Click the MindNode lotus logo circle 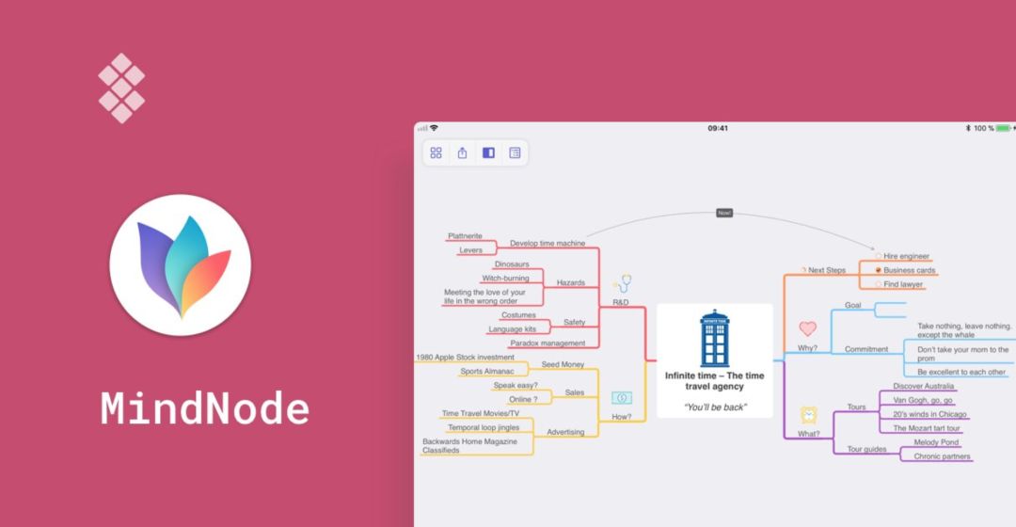pyautogui.click(x=180, y=265)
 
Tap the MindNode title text pyautogui.click(x=205, y=409)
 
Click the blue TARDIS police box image pyautogui.click(x=714, y=339)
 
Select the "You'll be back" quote pyautogui.click(x=714, y=407)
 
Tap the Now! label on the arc pyautogui.click(x=723, y=213)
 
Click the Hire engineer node pyautogui.click(x=906, y=256)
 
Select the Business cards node pyautogui.click(x=909, y=270)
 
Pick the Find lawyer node pyautogui.click(x=903, y=284)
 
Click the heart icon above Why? pyautogui.click(x=807, y=328)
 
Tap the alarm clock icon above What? pyautogui.click(x=808, y=414)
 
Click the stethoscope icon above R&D pyautogui.click(x=622, y=283)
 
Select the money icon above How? pyautogui.click(x=621, y=398)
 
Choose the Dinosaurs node pyautogui.click(x=512, y=264)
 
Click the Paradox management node pyautogui.click(x=548, y=343)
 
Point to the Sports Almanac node pyautogui.click(x=487, y=372)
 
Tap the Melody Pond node pyautogui.click(x=936, y=442)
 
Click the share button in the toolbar pyautogui.click(x=462, y=152)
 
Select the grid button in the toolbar pyautogui.click(x=436, y=152)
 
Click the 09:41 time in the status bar pyautogui.click(x=718, y=128)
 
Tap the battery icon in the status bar pyautogui.click(x=1003, y=128)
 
